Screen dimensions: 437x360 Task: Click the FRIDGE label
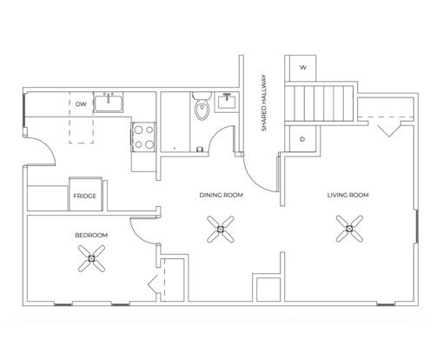[x=85, y=197]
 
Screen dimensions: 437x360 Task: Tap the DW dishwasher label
[x=81, y=104]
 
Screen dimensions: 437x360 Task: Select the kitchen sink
[x=109, y=103]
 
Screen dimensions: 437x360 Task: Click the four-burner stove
[x=143, y=137]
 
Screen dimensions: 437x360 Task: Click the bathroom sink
[x=227, y=102]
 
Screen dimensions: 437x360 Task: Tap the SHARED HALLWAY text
[x=264, y=103]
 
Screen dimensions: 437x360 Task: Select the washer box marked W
[x=302, y=68]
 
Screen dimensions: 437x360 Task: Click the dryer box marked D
[x=302, y=139]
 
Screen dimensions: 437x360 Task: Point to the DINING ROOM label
[x=222, y=195]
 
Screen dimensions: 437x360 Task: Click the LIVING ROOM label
[x=348, y=195]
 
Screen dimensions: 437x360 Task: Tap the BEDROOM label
[x=91, y=235]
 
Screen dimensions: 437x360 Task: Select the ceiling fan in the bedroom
[x=92, y=258]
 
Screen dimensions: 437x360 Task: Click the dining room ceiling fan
[x=221, y=229]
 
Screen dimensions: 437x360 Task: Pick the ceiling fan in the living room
[x=349, y=229]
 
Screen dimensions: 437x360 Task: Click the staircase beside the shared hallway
[x=320, y=103]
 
